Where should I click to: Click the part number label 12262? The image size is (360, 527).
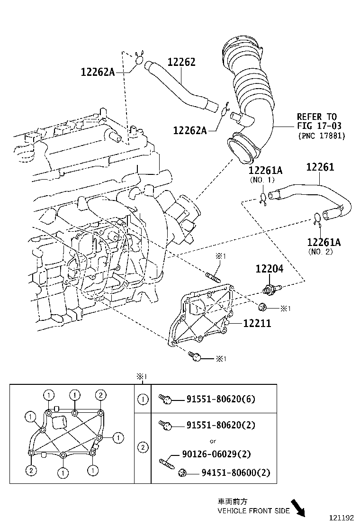(181, 63)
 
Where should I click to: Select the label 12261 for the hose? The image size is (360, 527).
(320, 167)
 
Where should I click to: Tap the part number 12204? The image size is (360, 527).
(269, 269)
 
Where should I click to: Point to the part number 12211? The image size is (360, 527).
(257, 323)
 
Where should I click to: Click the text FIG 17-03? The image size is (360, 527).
(319, 126)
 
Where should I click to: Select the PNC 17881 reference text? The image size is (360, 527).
(322, 136)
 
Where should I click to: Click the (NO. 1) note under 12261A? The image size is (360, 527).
(262, 180)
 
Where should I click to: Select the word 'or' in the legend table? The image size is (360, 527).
(213, 441)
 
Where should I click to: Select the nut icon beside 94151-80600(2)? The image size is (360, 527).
(182, 472)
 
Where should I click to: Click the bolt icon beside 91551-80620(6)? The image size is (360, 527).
(164, 399)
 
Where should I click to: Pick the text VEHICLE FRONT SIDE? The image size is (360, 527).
(253, 511)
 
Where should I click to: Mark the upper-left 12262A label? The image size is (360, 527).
(98, 72)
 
